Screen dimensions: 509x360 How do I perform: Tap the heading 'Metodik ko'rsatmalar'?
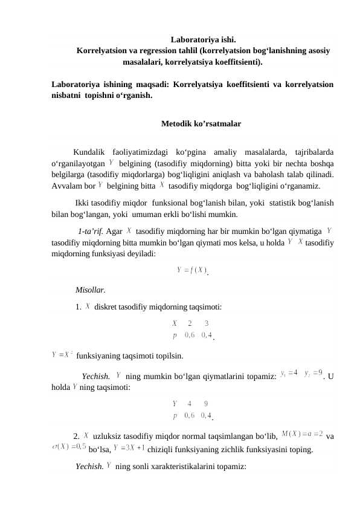point(201,124)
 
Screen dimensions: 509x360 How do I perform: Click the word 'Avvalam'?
point(68,185)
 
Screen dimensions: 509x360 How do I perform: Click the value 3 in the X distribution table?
point(207,322)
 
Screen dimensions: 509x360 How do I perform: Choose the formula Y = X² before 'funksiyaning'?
point(63,354)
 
